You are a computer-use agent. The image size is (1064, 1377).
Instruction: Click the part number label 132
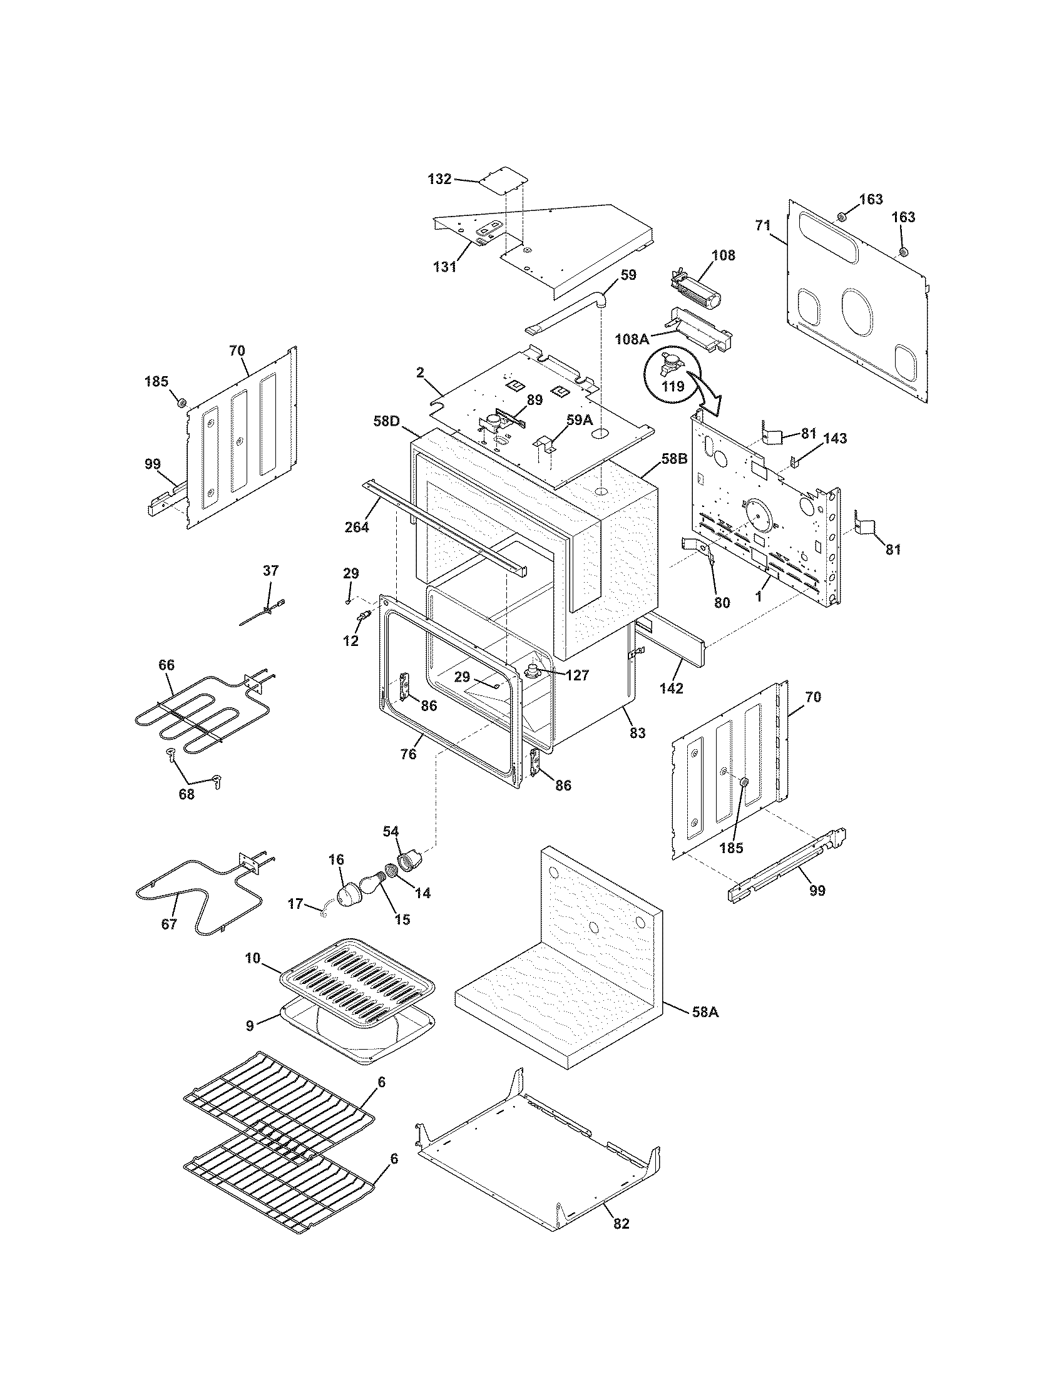point(439,179)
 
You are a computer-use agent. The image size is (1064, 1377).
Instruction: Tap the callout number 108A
point(632,339)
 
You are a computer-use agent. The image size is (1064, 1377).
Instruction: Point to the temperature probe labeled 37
point(265,612)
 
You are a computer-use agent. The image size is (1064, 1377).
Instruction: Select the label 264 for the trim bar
point(357,527)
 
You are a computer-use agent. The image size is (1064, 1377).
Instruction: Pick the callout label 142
point(672,688)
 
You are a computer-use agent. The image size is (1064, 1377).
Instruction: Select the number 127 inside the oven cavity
point(577,675)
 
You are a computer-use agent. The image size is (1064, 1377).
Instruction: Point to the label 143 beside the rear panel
point(834,438)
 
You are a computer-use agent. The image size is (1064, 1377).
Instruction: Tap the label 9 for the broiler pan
point(250,1026)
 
